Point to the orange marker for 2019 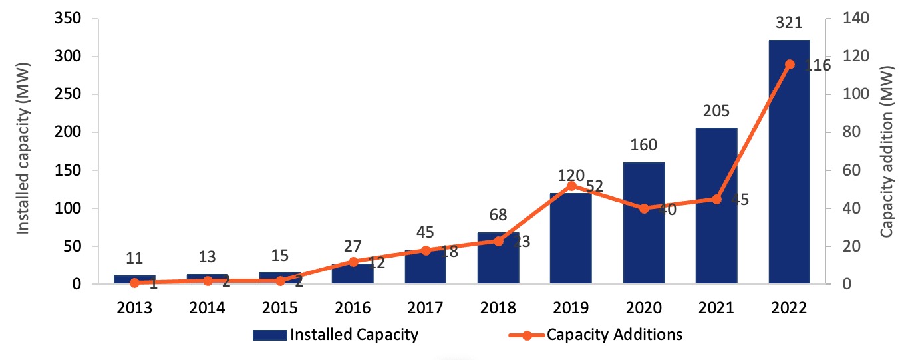tap(571, 186)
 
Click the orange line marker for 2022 tap(790, 64)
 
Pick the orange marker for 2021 tap(716, 199)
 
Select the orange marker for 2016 tap(353, 262)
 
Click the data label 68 tap(498, 215)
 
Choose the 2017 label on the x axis tap(426, 308)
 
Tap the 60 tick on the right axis tap(843, 170)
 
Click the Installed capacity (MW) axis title tap(23, 152)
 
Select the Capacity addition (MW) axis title tap(887, 152)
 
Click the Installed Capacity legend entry tap(335, 335)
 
